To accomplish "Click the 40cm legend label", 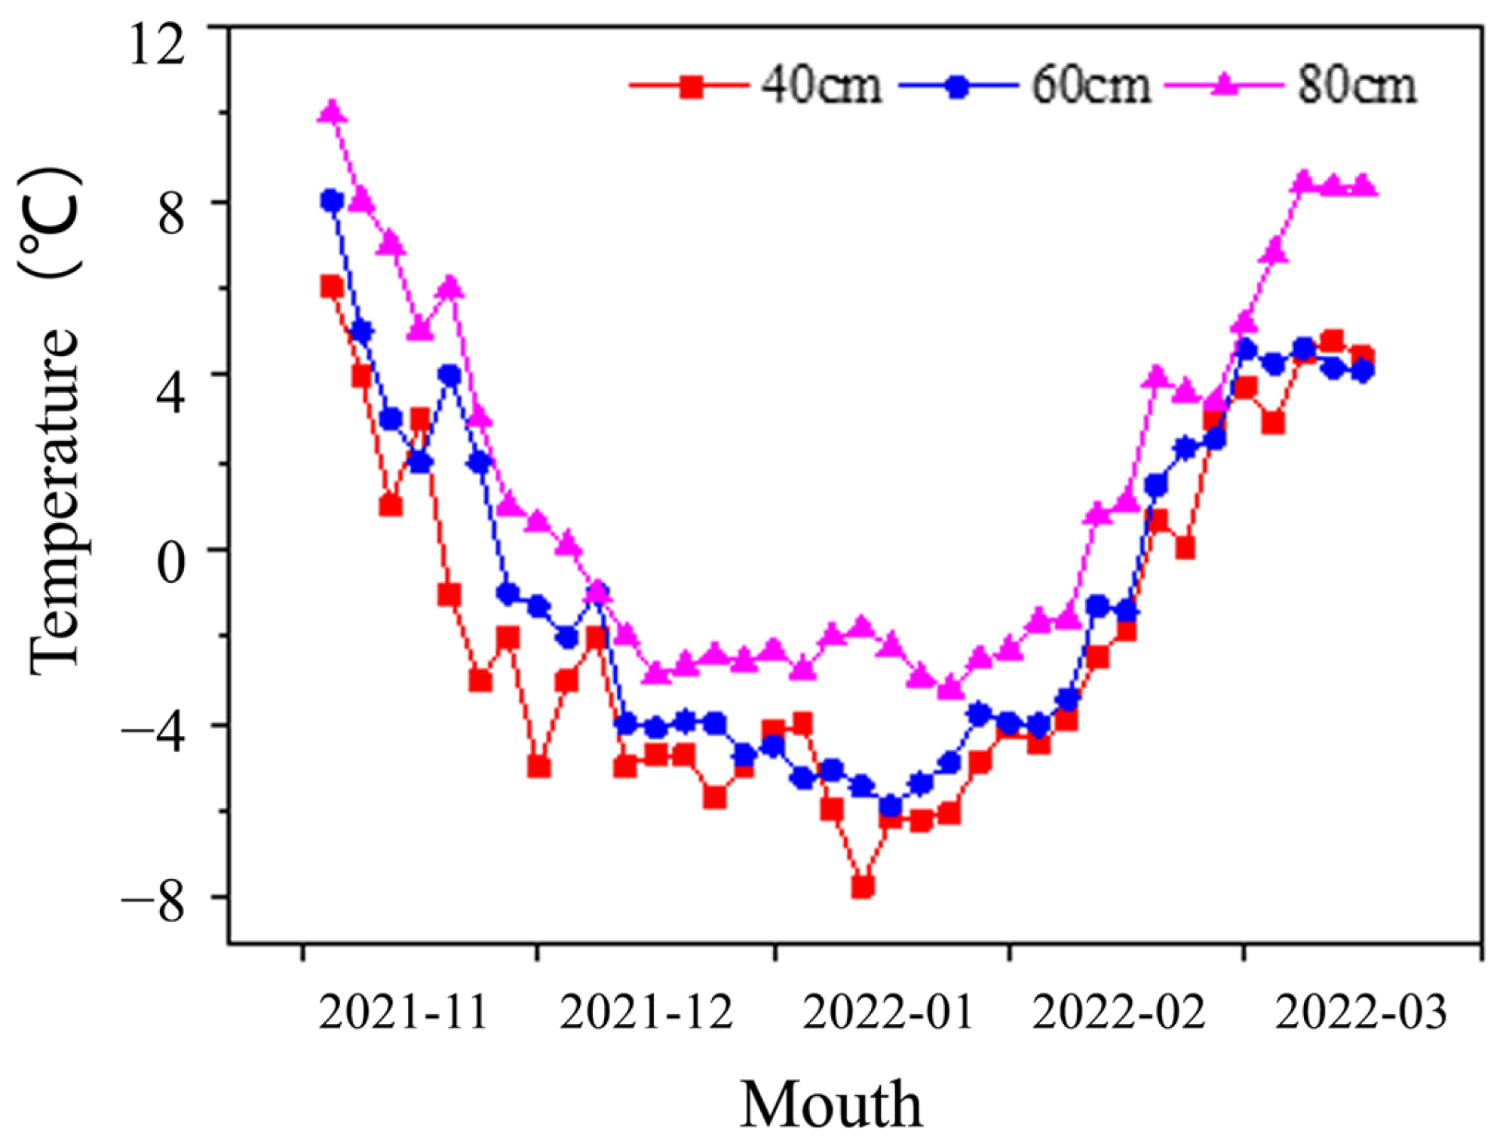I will point(821,85).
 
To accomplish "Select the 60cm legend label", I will point(1090,85).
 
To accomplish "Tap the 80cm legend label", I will point(1357,85).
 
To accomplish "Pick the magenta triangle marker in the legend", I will point(1225,84).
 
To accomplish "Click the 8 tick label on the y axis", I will point(170,214).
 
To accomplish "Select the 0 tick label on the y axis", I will point(170,562).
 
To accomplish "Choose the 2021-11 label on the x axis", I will point(403,1013).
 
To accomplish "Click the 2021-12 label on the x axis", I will point(646,1013).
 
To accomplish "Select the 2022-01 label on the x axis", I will point(888,1013).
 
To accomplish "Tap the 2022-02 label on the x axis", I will point(1118,1013).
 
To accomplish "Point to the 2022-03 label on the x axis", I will point(1360,1013).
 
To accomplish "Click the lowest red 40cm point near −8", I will point(862,886).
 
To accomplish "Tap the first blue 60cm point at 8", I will point(332,201).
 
